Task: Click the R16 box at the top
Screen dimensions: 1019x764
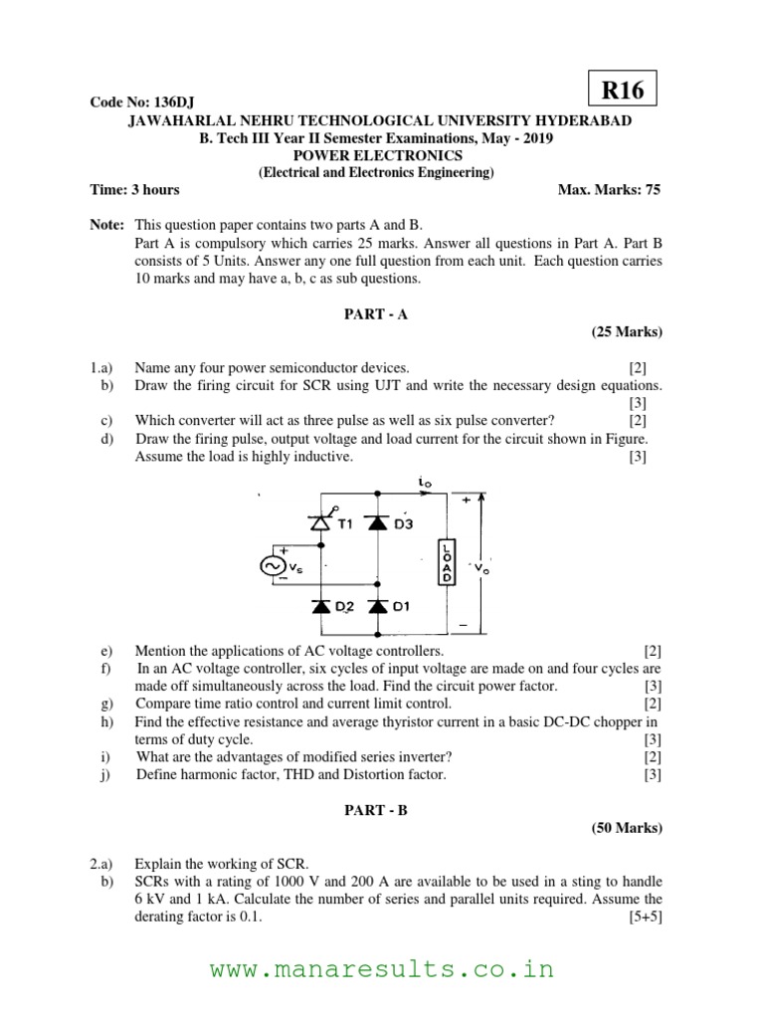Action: (x=623, y=92)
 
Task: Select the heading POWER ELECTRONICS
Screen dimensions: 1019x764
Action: (x=382, y=156)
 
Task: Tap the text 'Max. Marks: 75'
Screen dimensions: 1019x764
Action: (x=610, y=189)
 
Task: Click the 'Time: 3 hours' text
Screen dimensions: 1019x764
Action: (x=135, y=189)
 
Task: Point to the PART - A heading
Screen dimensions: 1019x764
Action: (x=382, y=313)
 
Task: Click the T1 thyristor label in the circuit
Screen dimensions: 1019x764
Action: (x=345, y=526)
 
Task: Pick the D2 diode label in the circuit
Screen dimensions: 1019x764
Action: (x=344, y=605)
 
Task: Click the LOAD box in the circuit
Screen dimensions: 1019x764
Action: (x=447, y=563)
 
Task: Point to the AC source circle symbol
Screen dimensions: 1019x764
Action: (x=270, y=565)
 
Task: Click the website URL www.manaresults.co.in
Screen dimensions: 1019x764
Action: (x=382, y=968)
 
